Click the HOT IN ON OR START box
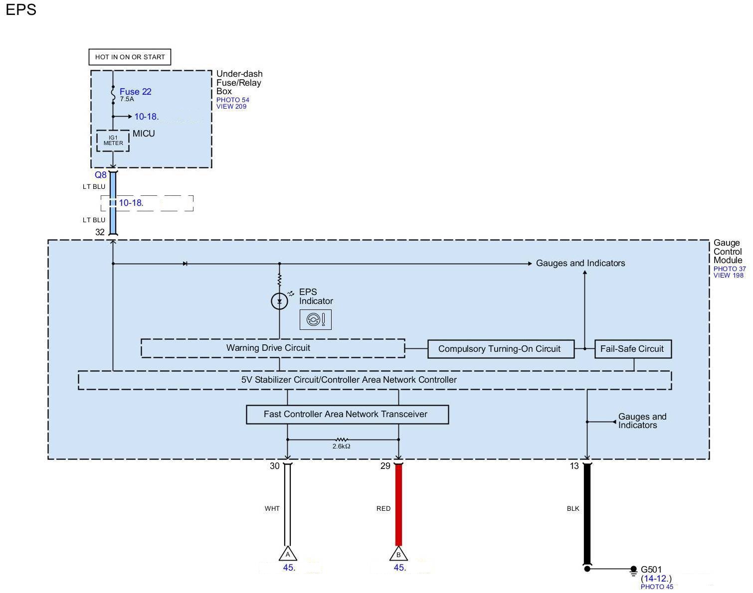click(x=130, y=57)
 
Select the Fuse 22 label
click(x=135, y=92)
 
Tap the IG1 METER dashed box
click(x=113, y=141)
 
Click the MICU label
click(x=144, y=134)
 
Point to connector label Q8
click(x=101, y=175)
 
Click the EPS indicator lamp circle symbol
click(x=279, y=301)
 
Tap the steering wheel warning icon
click(x=315, y=319)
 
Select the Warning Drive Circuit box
click(x=272, y=348)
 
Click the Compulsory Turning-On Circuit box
click(x=499, y=349)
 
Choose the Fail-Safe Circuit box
click(x=632, y=349)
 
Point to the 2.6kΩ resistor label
click(x=342, y=446)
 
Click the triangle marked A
click(x=288, y=554)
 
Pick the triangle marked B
click(x=398, y=554)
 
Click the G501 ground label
click(x=651, y=570)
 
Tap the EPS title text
click(x=21, y=10)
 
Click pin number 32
click(x=100, y=232)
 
